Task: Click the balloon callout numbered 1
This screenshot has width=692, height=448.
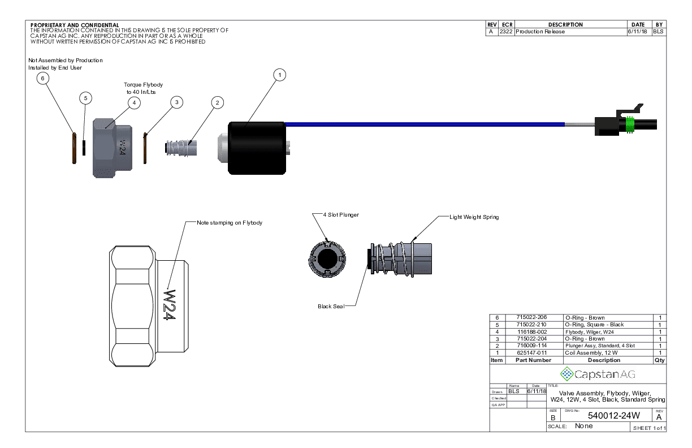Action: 279,75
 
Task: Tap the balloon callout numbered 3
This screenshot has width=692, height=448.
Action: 177,102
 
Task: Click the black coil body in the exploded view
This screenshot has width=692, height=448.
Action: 256,148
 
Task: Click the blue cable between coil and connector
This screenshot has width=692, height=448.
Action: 424,124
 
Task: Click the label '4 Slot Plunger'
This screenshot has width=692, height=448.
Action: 341,215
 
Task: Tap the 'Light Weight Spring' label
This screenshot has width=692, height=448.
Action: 474,217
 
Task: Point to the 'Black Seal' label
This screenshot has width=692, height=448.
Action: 331,307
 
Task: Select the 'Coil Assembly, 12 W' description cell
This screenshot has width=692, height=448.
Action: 587,353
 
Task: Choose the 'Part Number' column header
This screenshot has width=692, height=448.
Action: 533,360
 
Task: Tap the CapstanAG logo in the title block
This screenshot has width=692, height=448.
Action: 598,374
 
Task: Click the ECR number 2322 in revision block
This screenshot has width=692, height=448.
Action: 506,32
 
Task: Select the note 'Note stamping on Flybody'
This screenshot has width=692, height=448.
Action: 230,223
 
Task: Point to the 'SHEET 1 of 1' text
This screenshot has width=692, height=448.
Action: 649,428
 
